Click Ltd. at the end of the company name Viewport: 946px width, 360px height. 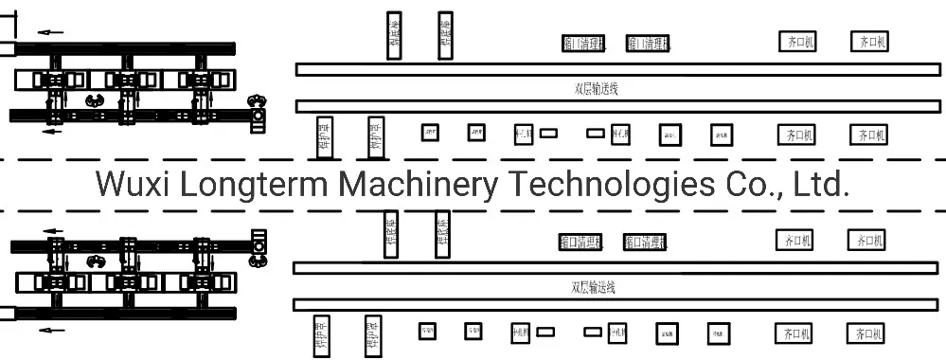pos(815,184)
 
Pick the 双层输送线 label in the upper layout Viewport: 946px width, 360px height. pos(597,88)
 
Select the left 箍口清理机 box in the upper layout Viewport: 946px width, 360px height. pos(590,43)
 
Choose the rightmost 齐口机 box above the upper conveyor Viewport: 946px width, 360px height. pos(871,42)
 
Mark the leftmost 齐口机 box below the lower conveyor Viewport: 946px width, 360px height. pos(794,333)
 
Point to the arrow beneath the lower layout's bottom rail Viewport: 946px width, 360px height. pos(51,330)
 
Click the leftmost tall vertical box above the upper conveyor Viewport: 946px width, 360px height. pos(394,36)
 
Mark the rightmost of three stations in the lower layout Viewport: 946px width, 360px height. pos(202,281)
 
